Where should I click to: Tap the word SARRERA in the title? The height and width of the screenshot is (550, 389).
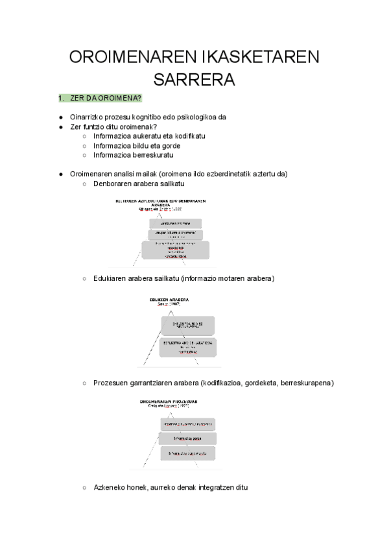click(194, 80)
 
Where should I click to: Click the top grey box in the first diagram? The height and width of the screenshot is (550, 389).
click(174, 224)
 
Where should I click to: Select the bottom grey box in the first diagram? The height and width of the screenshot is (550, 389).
click(174, 250)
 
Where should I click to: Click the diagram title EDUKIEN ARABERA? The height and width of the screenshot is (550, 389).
click(169, 300)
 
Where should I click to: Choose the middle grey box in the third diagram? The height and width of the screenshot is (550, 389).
click(187, 438)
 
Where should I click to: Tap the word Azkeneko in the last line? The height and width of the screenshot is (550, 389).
click(110, 486)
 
